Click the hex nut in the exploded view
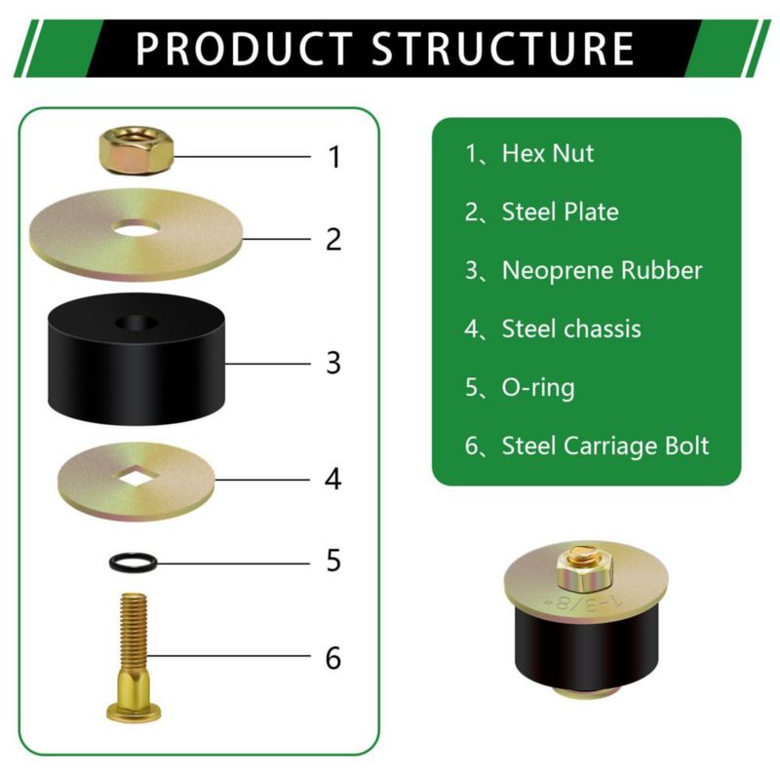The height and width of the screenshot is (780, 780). click(x=136, y=150)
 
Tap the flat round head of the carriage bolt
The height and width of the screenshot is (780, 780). click(x=134, y=712)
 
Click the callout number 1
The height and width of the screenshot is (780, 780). click(x=334, y=157)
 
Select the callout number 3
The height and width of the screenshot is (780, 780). click(x=333, y=363)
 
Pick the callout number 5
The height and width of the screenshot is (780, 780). click(x=333, y=561)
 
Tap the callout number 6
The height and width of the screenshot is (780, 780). click(x=333, y=657)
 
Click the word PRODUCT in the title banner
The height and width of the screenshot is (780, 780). click(x=245, y=48)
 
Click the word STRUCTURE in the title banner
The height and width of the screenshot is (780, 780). click(x=503, y=48)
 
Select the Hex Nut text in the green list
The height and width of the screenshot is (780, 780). click(x=548, y=153)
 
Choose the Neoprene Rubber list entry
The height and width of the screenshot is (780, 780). click(x=583, y=271)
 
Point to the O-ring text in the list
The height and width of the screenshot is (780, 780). click(x=538, y=388)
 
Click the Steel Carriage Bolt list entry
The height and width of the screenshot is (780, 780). click(x=587, y=447)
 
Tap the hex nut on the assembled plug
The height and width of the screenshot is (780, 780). click(x=584, y=569)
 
